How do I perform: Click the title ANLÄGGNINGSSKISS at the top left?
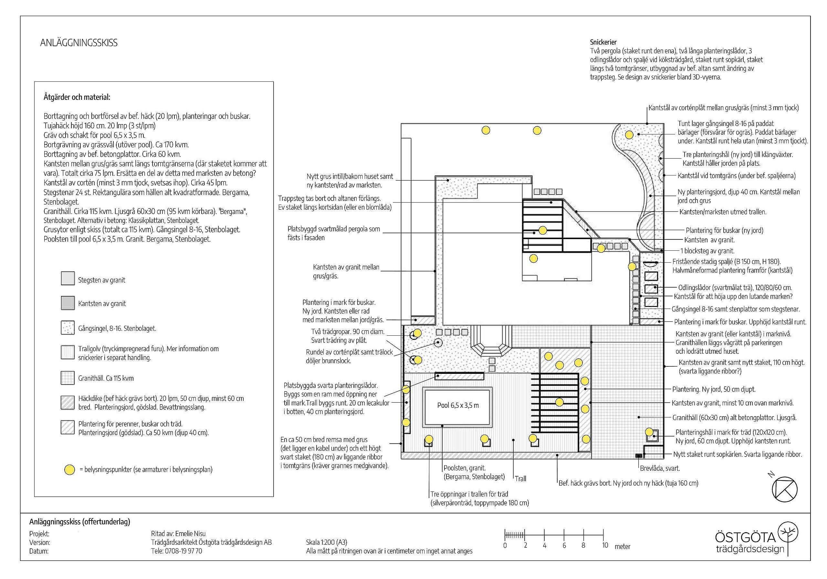point(79,43)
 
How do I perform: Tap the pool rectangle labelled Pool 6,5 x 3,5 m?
point(457,407)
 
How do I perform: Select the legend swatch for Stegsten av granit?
point(68,279)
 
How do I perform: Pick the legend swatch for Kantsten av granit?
point(68,303)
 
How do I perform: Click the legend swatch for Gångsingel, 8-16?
point(68,328)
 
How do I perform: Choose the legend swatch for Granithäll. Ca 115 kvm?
point(68,378)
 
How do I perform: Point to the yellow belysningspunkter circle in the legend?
point(69,470)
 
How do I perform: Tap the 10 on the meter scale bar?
point(605,545)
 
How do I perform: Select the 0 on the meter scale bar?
point(505,545)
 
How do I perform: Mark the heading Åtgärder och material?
point(77,97)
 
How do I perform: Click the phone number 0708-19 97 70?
point(183,551)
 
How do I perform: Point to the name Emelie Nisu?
point(190,533)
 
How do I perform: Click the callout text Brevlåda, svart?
point(660,468)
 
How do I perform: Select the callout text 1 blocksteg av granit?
point(707,251)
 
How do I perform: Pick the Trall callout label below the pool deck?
point(520,479)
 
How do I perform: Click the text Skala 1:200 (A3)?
point(326,542)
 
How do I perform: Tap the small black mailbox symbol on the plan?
point(639,456)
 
